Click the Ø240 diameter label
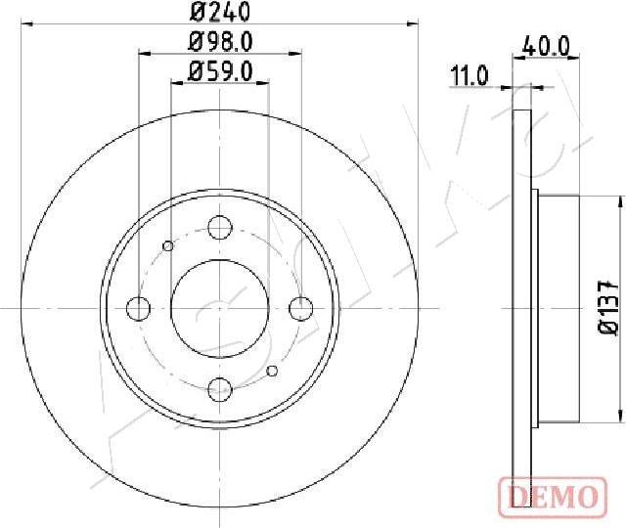pos(220,13)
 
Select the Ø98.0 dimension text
pos(220,42)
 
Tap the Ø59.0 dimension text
pos(220,70)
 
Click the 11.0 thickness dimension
pos(469,74)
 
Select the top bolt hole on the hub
pos(220,229)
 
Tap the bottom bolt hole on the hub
pos(220,387)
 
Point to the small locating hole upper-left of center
pos(168,245)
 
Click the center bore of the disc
pos(220,308)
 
